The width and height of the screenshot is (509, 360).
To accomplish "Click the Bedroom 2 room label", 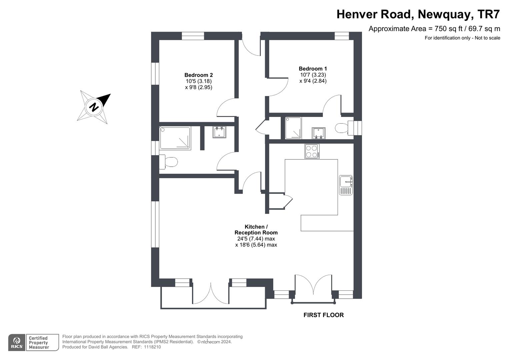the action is pyautogui.click(x=199, y=75).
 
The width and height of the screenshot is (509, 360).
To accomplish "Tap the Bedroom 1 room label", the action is pyautogui.click(x=313, y=69).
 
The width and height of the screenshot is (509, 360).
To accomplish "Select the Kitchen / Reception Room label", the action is pyautogui.click(x=256, y=230).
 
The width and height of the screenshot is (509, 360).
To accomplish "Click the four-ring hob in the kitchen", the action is pyautogui.click(x=312, y=151).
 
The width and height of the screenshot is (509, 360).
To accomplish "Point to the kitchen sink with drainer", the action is pyautogui.click(x=346, y=185).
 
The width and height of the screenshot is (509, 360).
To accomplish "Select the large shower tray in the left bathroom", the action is pyautogui.click(x=175, y=138).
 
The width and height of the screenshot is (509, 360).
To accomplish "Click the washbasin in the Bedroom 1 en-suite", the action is pyautogui.click(x=318, y=133).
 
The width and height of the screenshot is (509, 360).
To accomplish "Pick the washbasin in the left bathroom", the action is pyautogui.click(x=220, y=132).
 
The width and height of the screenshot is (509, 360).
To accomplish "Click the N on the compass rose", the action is pyautogui.click(x=94, y=107).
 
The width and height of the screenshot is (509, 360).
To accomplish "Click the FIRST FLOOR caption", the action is pyautogui.click(x=324, y=315).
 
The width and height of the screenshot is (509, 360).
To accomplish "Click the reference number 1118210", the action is pyautogui.click(x=152, y=347).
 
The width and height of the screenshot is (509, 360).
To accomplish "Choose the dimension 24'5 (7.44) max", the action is pyautogui.click(x=256, y=239).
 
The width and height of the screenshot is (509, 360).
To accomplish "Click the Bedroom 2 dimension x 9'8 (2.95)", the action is pyautogui.click(x=199, y=87).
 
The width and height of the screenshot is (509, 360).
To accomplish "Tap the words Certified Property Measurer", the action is pyautogui.click(x=39, y=343).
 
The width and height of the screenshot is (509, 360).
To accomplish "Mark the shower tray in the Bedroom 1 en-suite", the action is pyautogui.click(x=293, y=128).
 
